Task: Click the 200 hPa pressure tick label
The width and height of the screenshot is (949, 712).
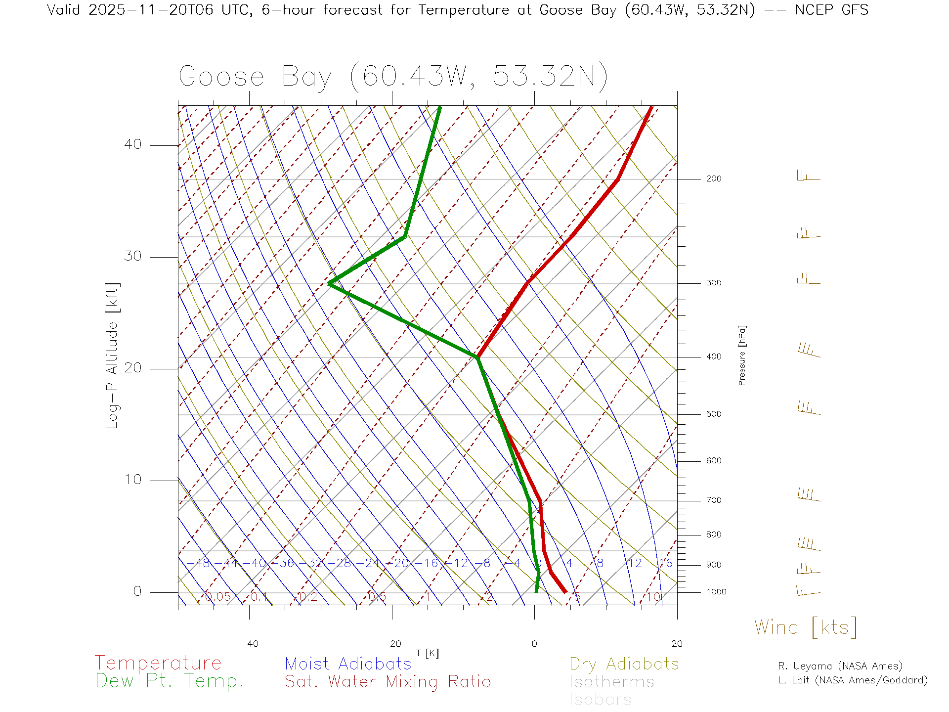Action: [714, 179]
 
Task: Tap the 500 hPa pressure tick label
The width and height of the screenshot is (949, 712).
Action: [714, 414]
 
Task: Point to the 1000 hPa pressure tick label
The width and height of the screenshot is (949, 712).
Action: [716, 592]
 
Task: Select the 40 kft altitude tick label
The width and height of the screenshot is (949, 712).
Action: [132, 144]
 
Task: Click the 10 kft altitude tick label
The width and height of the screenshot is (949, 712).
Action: [132, 480]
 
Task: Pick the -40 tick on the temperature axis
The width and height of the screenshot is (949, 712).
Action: [249, 644]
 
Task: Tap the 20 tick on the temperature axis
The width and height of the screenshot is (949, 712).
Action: [677, 644]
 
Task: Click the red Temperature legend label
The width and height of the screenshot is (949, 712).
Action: [158, 663]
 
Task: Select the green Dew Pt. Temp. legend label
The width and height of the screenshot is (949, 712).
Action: [170, 681]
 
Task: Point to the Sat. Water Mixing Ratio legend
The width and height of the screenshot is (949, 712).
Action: [388, 682]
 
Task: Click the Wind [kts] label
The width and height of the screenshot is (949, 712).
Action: [806, 627]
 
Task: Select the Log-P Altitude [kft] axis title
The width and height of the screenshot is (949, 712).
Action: [113, 356]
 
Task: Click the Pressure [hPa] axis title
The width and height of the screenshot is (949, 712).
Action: [742, 356]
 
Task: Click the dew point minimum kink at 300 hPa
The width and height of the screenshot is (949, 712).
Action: [329, 283]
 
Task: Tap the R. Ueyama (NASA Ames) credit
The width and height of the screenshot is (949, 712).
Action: [840, 666]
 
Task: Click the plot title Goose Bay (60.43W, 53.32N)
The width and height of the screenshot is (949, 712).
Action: [393, 77]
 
